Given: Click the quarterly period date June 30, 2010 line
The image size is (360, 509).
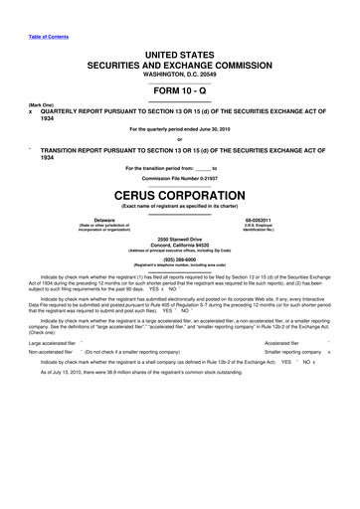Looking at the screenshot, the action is point(179,129).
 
